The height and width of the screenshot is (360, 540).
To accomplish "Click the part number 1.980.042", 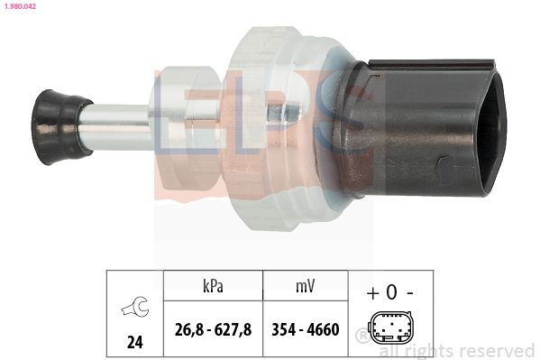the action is (x=20, y=5).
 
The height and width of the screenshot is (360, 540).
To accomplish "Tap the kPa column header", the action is (x=213, y=286).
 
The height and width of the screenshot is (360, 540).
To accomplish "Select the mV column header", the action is (x=305, y=286).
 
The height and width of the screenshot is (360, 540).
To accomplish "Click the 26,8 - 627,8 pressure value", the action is (x=213, y=329).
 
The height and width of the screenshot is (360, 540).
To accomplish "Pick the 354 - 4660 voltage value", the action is (x=306, y=329).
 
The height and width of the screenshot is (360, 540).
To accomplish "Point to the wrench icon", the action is (x=135, y=307).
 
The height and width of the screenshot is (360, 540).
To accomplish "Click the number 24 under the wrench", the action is (x=134, y=343).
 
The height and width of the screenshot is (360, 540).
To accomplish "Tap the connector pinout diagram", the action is (x=390, y=328).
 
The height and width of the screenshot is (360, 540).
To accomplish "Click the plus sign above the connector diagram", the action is (x=372, y=293).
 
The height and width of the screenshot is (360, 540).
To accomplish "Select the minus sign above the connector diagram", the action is (x=410, y=293).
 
